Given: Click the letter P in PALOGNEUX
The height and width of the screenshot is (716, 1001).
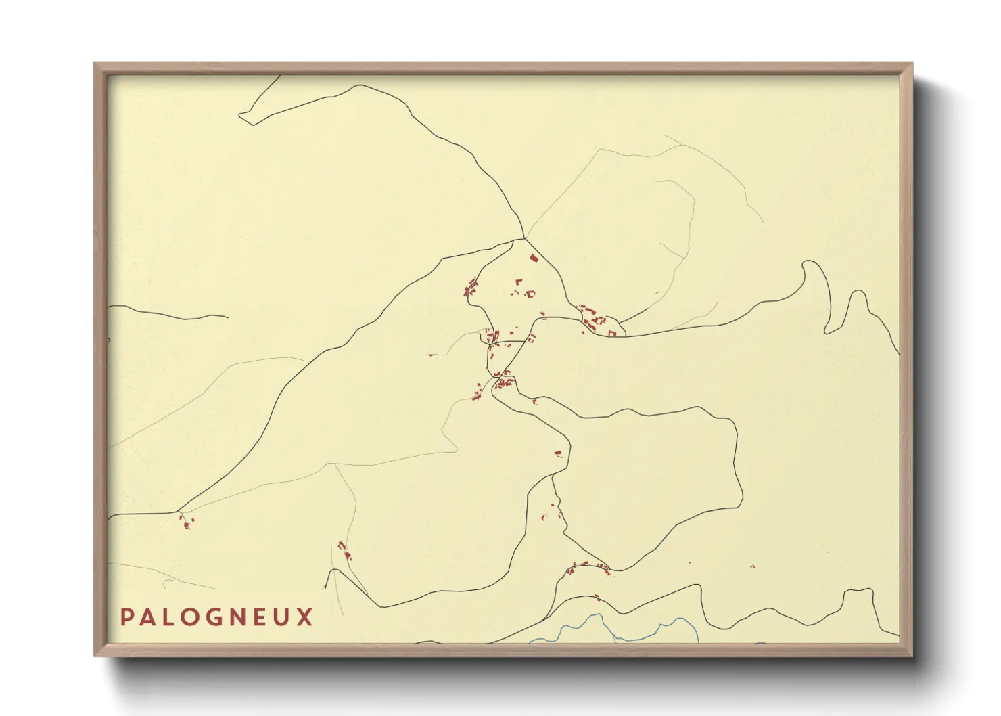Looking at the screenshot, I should point(126,617).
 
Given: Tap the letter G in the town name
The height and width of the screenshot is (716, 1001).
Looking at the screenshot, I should point(215,617).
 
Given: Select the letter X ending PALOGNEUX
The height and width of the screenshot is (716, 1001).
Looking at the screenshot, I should point(305,617).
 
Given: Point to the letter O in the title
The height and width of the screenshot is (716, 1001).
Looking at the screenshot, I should point(191,617).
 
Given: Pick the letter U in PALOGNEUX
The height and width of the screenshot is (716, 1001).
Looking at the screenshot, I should point(282,617).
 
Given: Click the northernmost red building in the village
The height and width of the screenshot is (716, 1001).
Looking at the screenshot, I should point(533,258).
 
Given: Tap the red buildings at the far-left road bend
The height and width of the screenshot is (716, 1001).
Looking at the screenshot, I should point(185,522).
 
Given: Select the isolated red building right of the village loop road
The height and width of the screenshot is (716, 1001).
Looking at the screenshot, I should point(558,453).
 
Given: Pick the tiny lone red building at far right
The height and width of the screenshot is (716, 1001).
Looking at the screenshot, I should point(753,566).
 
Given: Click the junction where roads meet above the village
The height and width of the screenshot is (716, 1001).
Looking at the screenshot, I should point(524,238).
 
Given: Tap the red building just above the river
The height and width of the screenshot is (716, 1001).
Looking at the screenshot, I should point(597,598).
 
